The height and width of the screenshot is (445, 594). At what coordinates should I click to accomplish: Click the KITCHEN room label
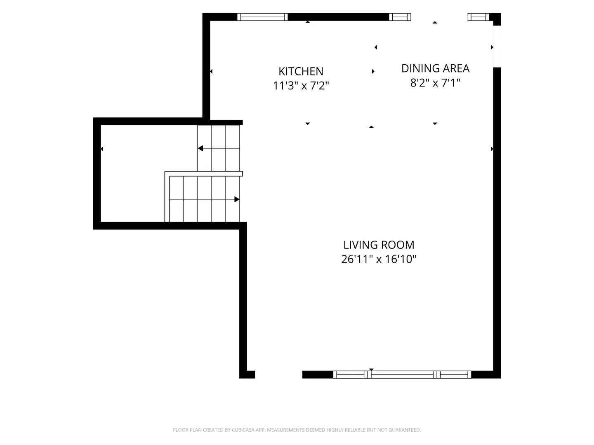click(x=301, y=71)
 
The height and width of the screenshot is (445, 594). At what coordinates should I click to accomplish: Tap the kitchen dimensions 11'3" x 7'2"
click(x=301, y=86)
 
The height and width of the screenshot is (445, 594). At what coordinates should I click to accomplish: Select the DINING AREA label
click(x=435, y=68)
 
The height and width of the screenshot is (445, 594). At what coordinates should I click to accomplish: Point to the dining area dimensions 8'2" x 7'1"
click(x=435, y=83)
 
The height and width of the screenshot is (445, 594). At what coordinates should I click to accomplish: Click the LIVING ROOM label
click(x=379, y=245)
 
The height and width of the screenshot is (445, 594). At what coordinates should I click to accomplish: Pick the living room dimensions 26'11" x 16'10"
click(x=379, y=259)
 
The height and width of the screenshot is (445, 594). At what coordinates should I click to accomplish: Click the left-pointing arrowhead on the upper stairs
click(x=200, y=148)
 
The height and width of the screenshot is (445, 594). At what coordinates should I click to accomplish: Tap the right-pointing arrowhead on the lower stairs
click(x=237, y=199)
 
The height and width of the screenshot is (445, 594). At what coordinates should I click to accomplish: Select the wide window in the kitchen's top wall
click(x=262, y=17)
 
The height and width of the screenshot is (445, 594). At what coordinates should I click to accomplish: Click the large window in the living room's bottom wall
click(x=402, y=375)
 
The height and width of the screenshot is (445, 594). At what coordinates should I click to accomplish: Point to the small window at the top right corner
click(x=478, y=17)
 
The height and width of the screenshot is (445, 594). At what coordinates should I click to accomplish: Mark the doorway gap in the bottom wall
click(x=278, y=375)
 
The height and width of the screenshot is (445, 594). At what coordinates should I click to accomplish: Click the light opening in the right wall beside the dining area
click(x=497, y=47)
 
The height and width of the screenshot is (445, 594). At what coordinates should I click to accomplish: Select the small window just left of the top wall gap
click(x=400, y=17)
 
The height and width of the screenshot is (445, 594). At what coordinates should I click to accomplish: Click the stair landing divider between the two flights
click(x=203, y=174)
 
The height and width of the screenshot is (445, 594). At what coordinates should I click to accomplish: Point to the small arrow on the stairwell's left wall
click(x=102, y=149)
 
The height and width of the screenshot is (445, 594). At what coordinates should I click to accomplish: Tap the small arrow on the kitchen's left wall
click(x=211, y=71)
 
